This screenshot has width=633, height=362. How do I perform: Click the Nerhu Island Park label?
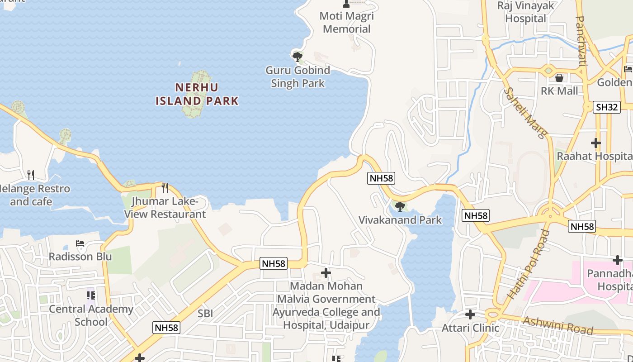click(x=197, y=94)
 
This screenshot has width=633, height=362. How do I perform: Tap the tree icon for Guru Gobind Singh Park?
click(x=297, y=57)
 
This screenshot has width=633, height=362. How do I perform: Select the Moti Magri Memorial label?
click(x=347, y=23)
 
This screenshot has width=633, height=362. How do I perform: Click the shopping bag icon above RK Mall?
click(x=559, y=78)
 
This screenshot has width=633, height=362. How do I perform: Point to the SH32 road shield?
click(x=607, y=107)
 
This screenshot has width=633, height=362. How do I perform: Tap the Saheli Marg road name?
click(x=526, y=112)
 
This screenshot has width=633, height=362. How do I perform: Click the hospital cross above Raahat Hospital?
click(x=596, y=143)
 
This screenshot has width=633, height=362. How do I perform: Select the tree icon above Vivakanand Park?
click(x=400, y=207)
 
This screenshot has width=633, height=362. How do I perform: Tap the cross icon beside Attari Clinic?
click(x=470, y=314)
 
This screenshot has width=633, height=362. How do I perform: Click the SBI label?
click(x=205, y=313)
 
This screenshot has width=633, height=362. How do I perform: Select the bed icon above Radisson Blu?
click(x=80, y=243)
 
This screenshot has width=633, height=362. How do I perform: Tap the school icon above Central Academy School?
click(x=91, y=295)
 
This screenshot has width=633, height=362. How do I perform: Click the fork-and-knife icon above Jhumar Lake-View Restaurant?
click(x=165, y=187)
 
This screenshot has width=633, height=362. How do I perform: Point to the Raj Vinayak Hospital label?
click(x=526, y=12)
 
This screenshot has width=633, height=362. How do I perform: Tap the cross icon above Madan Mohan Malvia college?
click(x=326, y=273)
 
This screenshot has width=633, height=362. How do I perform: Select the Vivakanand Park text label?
click(x=400, y=220)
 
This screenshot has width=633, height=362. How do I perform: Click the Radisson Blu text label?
click(x=80, y=257)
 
